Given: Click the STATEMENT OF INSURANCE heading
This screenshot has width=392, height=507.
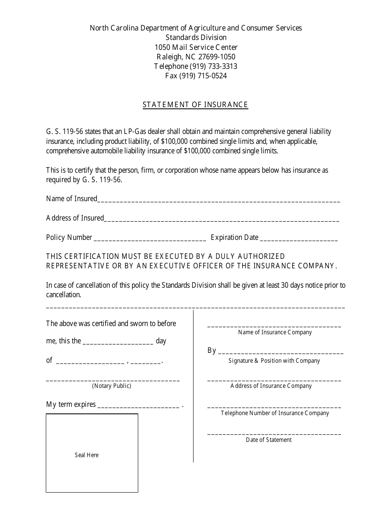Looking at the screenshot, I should pos(195,105).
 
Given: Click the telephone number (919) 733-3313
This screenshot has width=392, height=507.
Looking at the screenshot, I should pos(213,66).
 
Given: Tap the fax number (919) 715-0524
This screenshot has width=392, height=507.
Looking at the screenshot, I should pos(203,76).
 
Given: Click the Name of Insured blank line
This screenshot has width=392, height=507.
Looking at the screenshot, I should pos(219,201).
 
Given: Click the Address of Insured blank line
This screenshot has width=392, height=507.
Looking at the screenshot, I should pos(222,220).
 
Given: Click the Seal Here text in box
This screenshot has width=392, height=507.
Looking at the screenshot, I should pos(87,455).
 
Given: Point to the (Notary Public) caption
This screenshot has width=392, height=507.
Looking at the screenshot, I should pos(111,386).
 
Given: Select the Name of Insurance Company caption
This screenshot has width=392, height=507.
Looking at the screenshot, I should pos(275,332).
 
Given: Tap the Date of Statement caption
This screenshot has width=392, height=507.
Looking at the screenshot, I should pos(269,440).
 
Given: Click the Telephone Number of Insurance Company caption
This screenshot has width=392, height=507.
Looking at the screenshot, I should pos(275,413).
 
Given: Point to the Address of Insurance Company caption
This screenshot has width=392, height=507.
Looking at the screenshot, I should pos(271,386).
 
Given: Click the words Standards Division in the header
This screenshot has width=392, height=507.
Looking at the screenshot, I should pos(196,38).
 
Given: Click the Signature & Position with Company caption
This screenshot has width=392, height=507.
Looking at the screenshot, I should pos(274,361).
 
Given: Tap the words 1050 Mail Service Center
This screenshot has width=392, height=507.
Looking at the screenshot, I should pos(196,47).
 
